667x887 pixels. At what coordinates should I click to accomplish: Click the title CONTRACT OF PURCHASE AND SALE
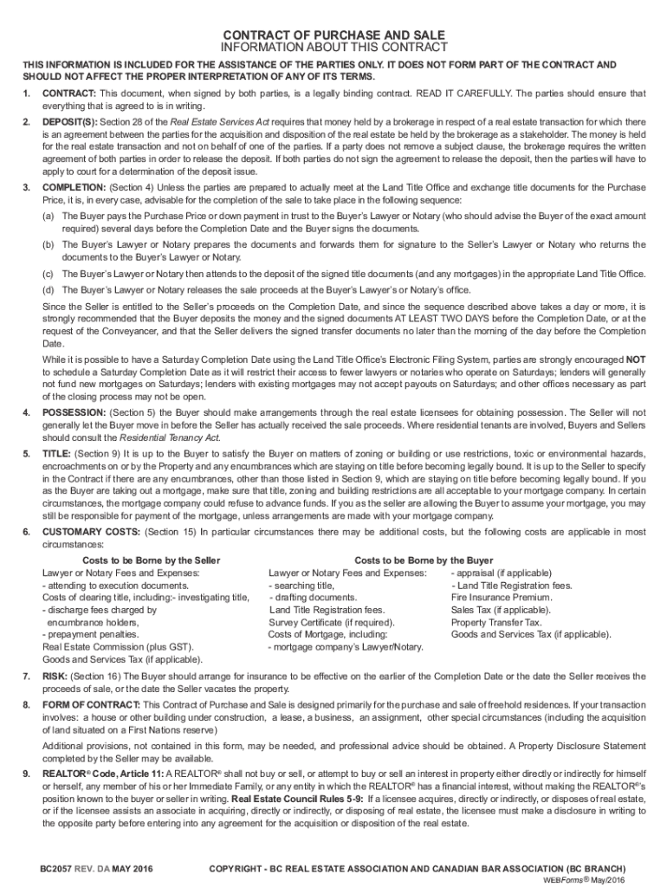coord(333,34)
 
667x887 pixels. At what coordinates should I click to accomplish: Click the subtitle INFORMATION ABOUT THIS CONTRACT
coord(333,48)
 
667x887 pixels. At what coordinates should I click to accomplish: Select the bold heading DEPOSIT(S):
coord(70,122)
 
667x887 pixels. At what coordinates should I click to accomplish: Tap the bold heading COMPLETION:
coord(74,188)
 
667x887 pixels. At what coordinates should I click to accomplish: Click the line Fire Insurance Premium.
coord(502,598)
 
